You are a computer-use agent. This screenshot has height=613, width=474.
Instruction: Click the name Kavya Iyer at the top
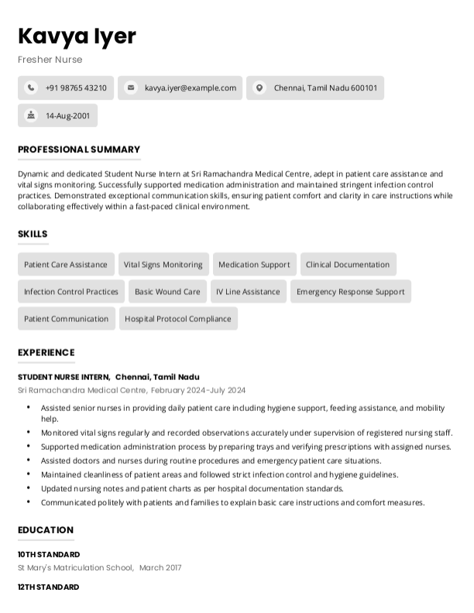point(77,36)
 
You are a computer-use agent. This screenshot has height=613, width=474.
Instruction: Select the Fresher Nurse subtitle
point(50,60)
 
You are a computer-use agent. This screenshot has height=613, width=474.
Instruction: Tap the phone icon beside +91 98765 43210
point(31,88)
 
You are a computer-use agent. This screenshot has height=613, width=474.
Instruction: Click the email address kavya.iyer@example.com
point(190,88)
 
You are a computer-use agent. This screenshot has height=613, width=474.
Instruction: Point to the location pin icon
point(259,88)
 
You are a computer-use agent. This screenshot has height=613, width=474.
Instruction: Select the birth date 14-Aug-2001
point(67,115)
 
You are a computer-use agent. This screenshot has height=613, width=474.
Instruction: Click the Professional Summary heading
point(79,149)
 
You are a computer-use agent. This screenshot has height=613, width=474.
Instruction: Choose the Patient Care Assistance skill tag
point(66,265)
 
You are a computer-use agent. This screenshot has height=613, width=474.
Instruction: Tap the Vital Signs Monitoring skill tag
point(163,265)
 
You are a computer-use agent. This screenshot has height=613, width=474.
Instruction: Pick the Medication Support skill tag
point(254,265)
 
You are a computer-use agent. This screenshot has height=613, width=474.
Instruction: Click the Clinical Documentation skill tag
point(348,265)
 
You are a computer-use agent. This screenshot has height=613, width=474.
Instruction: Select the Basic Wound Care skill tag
point(167,292)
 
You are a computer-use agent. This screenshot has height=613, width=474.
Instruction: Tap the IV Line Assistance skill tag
point(248,292)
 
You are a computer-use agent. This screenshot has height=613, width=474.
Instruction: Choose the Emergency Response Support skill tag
point(350,292)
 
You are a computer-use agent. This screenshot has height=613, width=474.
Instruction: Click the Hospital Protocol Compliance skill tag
point(178,319)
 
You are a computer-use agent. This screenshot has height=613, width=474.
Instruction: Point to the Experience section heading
point(46,352)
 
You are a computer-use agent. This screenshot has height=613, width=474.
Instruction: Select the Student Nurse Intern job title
point(64,377)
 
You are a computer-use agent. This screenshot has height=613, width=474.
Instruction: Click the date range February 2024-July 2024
point(198,390)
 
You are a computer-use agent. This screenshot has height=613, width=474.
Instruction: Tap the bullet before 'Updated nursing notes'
point(29,488)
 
